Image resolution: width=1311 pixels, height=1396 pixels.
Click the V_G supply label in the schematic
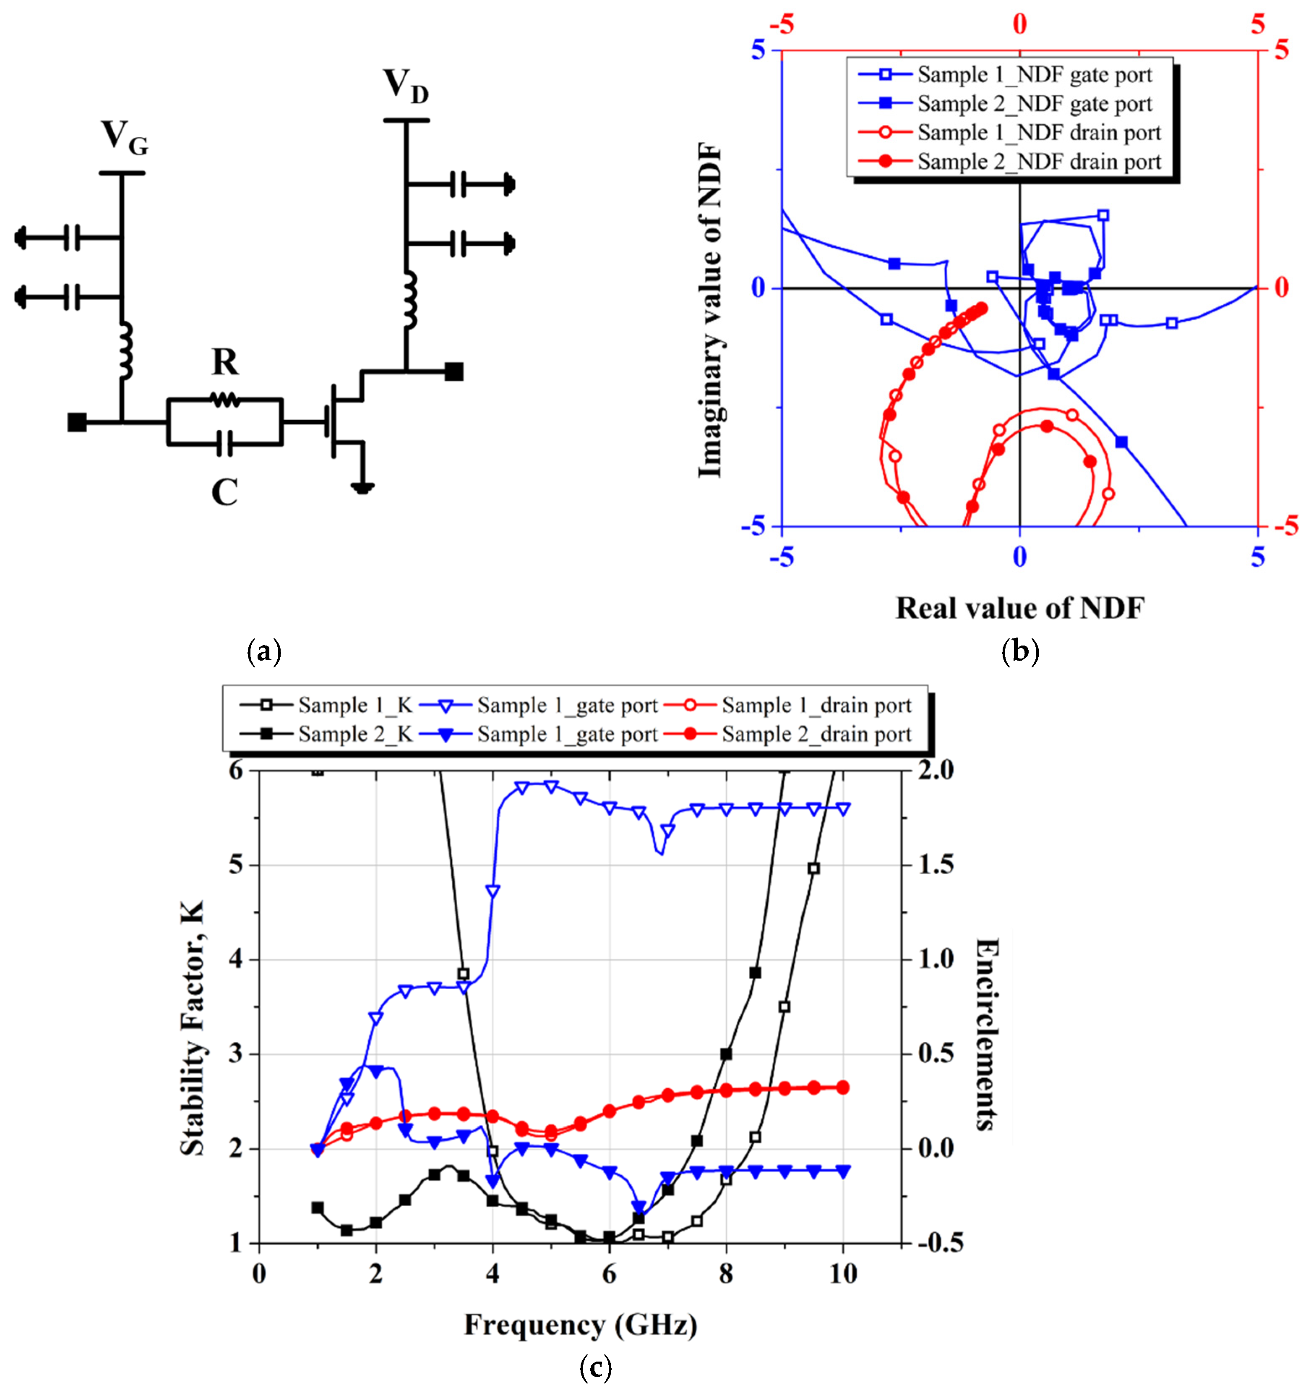[x=124, y=139]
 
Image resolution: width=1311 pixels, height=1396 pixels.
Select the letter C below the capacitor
[x=224, y=493]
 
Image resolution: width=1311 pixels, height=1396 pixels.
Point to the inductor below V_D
[x=409, y=301]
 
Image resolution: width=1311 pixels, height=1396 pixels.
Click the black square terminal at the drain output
[x=454, y=371]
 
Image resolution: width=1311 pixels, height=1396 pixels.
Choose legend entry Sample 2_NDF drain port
[x=1039, y=162]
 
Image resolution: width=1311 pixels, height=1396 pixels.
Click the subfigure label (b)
[x=1020, y=652]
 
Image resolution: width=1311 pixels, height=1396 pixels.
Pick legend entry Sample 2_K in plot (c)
[x=354, y=735]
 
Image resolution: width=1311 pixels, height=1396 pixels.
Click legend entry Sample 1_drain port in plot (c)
[x=816, y=705]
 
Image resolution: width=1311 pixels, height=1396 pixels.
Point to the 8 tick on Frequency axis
[x=726, y=1273]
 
